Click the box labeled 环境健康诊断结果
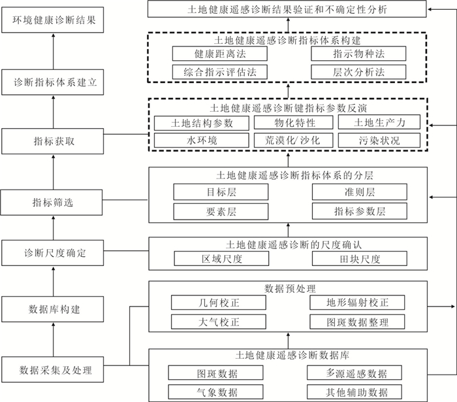52,20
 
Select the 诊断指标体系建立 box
52,82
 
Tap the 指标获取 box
52,141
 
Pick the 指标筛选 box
52,203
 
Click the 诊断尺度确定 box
52,253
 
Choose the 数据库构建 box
52,309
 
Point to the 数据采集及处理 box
52,369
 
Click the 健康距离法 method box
220,54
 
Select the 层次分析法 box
358,72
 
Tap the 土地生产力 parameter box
379,122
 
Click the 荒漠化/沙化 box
293,141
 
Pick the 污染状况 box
379,141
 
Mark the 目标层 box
221,192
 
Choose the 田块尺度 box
360,258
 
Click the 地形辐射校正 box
357,303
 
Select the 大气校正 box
219,322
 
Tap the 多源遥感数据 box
355,373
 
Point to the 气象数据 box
216,392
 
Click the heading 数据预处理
290,289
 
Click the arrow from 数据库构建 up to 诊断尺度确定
54,281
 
